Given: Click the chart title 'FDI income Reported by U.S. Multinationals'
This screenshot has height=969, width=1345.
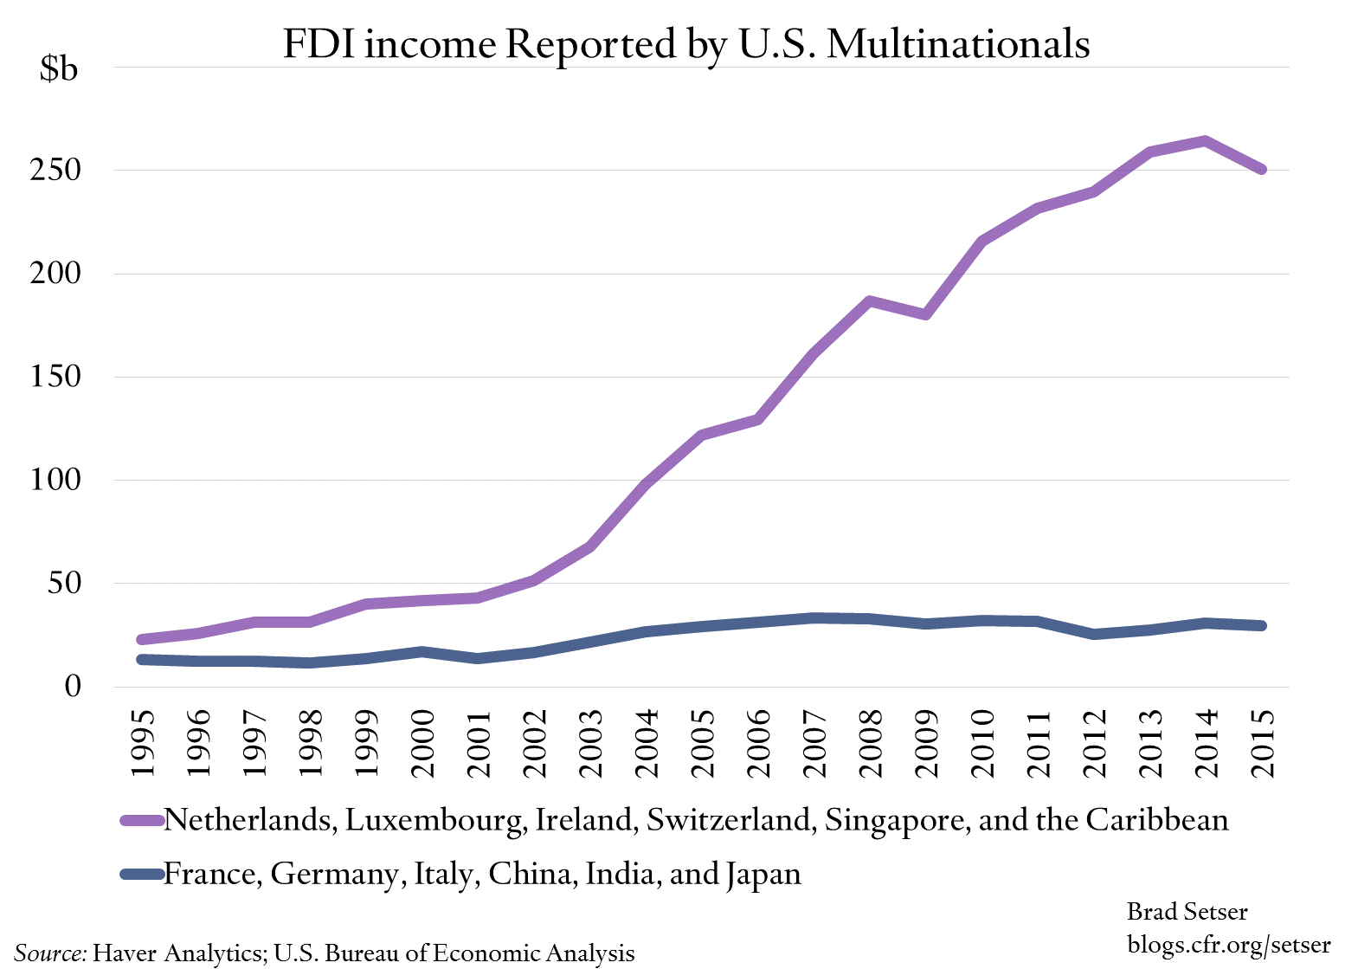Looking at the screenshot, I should (685, 43).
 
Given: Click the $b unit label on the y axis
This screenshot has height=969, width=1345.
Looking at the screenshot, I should (58, 68).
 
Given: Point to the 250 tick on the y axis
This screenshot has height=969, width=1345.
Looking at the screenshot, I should (55, 170).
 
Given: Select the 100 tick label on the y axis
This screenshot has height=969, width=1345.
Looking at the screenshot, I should (55, 480).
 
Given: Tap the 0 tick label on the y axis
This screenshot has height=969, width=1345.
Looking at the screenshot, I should (72, 687).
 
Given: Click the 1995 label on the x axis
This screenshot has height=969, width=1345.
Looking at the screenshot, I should (142, 743).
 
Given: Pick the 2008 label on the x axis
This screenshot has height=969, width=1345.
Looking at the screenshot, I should (871, 743).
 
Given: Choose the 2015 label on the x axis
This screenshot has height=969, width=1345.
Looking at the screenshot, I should (1263, 743).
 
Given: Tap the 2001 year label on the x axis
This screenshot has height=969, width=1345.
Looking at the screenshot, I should (479, 743).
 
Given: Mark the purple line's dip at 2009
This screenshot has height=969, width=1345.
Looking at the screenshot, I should (926, 314).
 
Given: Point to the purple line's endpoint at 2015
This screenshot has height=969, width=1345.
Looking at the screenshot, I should (1262, 170).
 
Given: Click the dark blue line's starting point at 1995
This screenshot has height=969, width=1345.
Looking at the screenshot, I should (142, 660).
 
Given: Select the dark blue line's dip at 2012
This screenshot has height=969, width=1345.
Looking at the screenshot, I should (1094, 635).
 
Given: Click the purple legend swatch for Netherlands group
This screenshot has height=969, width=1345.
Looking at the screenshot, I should (142, 820).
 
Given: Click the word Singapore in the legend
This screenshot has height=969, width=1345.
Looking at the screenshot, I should (897, 820).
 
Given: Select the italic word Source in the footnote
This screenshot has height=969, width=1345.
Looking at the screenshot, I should (50, 953).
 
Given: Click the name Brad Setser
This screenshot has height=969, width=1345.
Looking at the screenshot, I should (1187, 912).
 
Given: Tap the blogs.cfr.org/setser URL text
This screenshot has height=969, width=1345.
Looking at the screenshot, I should (1228, 944).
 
